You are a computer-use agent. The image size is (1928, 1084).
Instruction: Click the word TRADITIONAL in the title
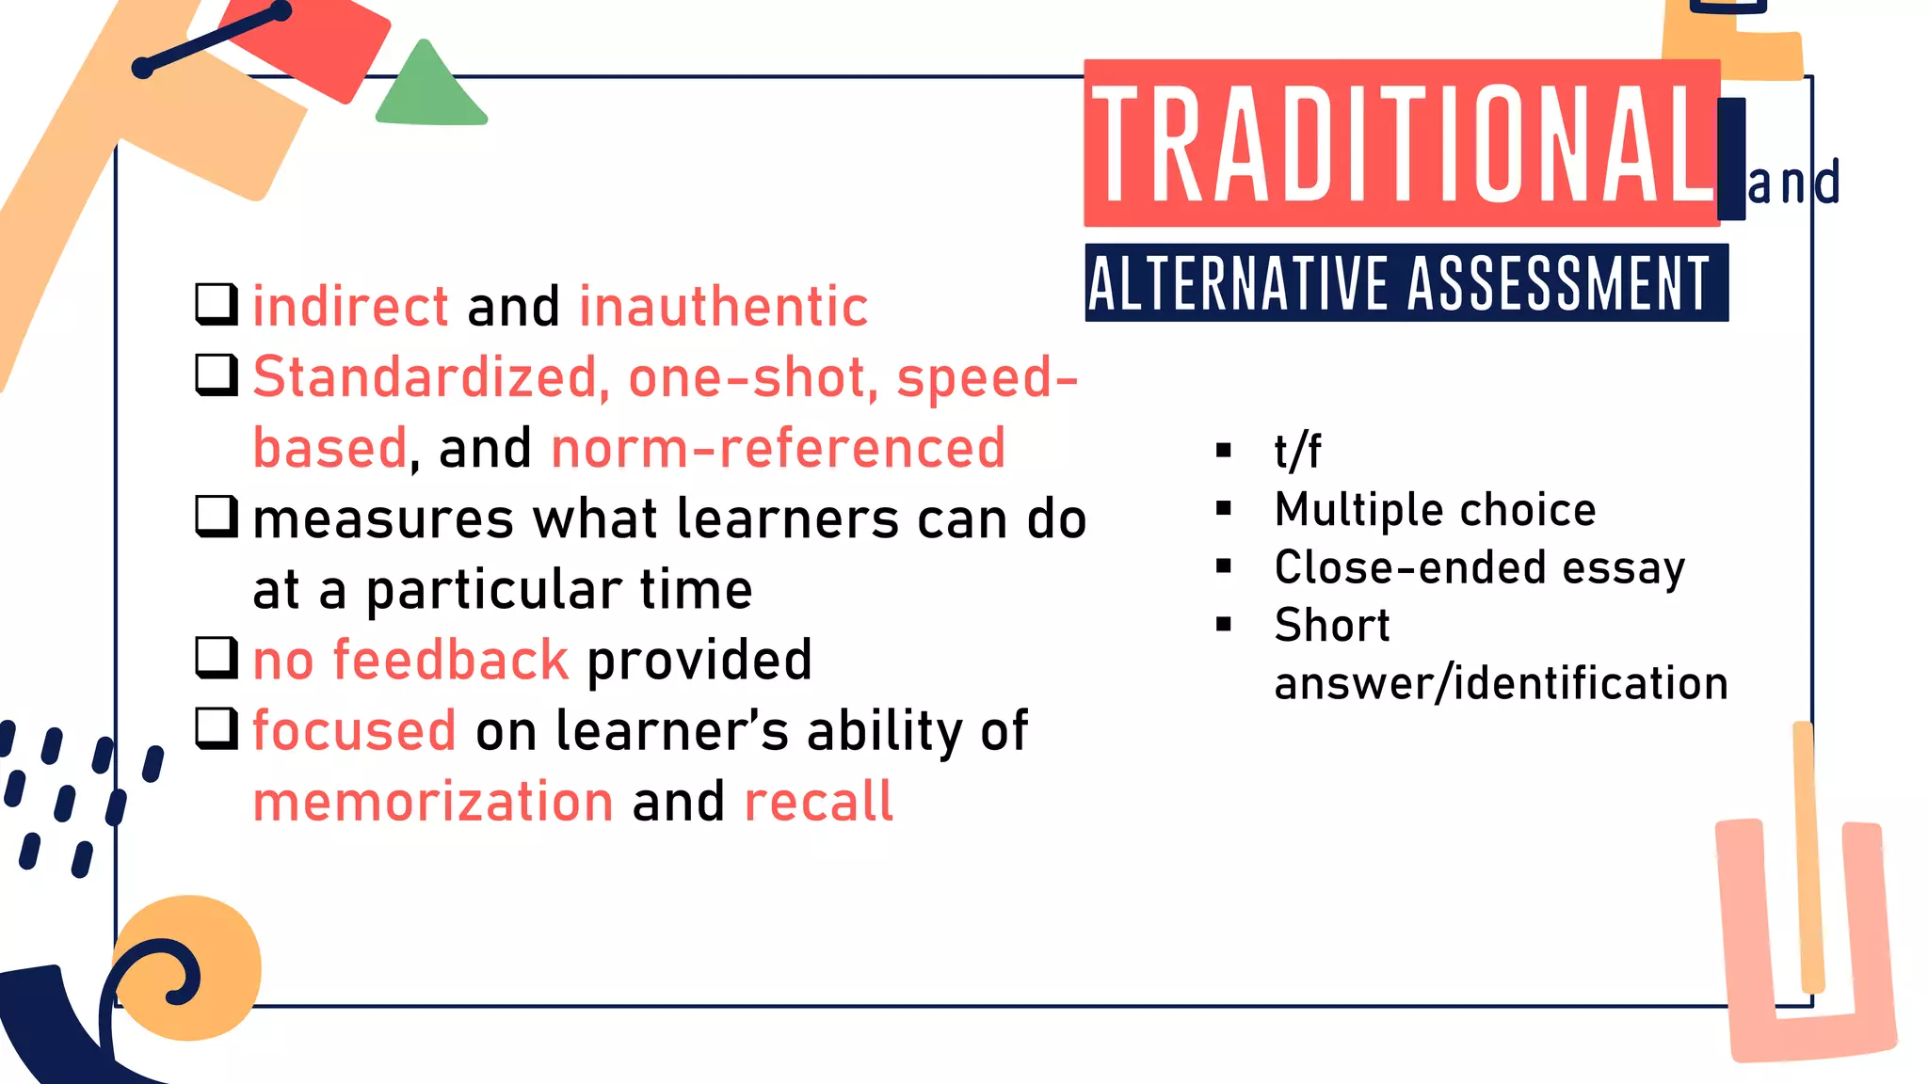pyautogui.click(x=1403, y=143)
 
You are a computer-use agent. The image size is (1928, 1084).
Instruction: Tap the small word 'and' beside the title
pyautogui.click(x=1792, y=183)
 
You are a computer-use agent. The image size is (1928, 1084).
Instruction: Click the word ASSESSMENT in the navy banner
pyautogui.click(x=1558, y=283)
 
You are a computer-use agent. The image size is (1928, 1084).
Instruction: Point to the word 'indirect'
pyautogui.click(x=350, y=307)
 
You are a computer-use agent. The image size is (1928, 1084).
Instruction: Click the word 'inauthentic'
pyautogui.click(x=723, y=307)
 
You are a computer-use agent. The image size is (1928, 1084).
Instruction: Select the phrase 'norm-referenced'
pyautogui.click(x=778, y=448)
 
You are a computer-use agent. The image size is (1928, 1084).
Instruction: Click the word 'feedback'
pyautogui.click(x=450, y=660)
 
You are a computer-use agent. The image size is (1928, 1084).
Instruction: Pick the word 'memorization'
pyautogui.click(x=433, y=802)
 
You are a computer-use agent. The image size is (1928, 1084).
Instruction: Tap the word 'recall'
pyautogui.click(x=817, y=802)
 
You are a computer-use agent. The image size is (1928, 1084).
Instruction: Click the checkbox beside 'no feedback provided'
pyautogui.click(x=216, y=658)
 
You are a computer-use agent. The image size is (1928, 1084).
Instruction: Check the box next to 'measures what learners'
pyautogui.click(x=216, y=517)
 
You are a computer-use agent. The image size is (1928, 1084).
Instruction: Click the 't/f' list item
pyautogui.click(x=1297, y=451)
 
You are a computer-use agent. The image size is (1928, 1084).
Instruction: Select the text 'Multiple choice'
pyautogui.click(x=1435, y=510)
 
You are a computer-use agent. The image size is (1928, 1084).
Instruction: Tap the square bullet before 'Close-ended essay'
pyautogui.click(x=1224, y=566)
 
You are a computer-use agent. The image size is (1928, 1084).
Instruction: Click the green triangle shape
pyautogui.click(x=429, y=89)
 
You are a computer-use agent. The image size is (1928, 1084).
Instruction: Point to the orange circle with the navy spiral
pyautogui.click(x=188, y=967)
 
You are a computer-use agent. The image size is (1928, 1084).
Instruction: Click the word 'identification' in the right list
pyautogui.click(x=1591, y=683)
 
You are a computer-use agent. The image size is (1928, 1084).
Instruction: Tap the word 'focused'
pyautogui.click(x=354, y=731)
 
